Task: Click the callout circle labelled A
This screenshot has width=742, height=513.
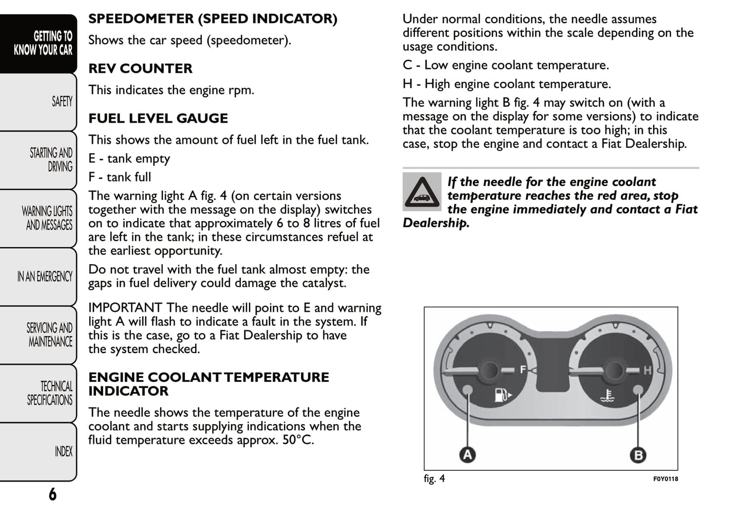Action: (x=467, y=454)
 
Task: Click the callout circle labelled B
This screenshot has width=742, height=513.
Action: (x=638, y=454)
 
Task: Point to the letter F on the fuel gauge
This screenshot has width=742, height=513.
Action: (x=523, y=369)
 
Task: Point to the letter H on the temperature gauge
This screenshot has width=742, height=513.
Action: (x=648, y=370)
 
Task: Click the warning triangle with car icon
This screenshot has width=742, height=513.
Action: (x=422, y=192)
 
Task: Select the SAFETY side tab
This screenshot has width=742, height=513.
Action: (x=62, y=101)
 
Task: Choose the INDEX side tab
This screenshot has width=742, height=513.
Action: (x=63, y=451)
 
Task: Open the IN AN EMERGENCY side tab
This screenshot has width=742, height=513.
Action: (x=45, y=277)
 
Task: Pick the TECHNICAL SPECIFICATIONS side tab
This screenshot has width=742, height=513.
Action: (x=50, y=393)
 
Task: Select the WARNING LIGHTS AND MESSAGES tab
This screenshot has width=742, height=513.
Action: (x=48, y=218)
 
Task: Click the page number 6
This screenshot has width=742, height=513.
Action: (x=52, y=494)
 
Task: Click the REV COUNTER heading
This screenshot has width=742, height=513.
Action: (x=140, y=68)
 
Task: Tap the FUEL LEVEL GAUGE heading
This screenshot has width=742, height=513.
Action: (x=158, y=118)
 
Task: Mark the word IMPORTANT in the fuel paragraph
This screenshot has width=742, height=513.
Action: (x=125, y=308)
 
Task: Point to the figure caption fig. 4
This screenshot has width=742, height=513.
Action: (x=434, y=479)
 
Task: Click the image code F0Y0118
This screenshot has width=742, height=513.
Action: (x=665, y=479)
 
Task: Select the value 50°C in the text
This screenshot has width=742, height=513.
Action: (x=297, y=440)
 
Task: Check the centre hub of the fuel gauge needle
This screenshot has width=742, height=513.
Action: (x=490, y=370)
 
